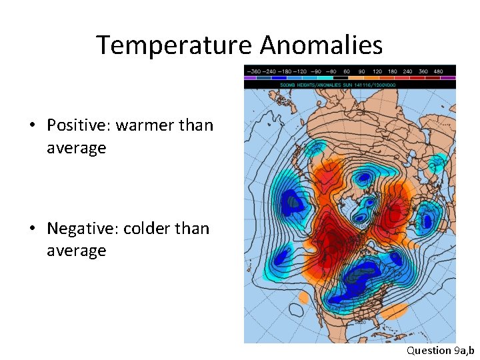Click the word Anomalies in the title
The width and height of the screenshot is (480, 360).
point(321,45)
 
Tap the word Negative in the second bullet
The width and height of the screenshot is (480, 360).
point(81,229)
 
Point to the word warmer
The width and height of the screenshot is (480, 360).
point(145,125)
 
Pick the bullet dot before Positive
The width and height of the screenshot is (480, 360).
point(32,126)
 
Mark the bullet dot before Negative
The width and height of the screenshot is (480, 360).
point(32,229)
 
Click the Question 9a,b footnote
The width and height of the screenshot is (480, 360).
point(441,350)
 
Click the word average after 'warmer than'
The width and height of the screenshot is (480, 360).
point(76,148)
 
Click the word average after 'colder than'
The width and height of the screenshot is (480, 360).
point(76,251)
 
